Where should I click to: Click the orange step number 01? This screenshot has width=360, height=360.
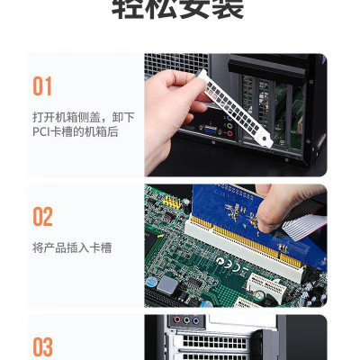pos(42,86)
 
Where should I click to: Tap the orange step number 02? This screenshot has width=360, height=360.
pos(42,217)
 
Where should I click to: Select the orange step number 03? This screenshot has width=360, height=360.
pos(42,346)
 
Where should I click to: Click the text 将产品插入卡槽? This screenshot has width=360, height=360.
pos(71,247)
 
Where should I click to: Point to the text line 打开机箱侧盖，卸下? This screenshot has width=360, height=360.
pos(83,117)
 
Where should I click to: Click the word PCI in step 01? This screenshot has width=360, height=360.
pos(43,132)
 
